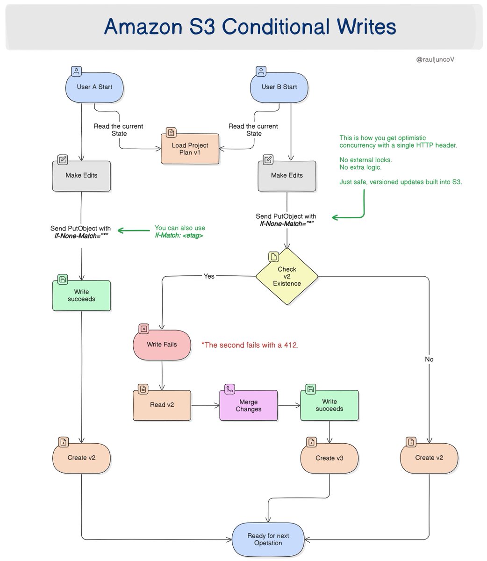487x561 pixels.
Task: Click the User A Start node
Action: pos(94,87)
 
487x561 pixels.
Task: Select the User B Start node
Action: pos(279,87)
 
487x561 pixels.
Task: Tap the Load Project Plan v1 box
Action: pos(190,149)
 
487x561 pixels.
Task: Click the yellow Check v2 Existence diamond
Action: pos(286,276)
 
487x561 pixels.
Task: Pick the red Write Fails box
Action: pos(162,345)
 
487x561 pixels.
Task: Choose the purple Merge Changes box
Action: pos(248,405)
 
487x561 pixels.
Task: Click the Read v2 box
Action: pos(162,405)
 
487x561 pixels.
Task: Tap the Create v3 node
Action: pos(329,458)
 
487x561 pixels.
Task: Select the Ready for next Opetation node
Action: pos(268,539)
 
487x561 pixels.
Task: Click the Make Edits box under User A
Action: pos(81,176)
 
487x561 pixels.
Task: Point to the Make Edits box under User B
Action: pos(286,176)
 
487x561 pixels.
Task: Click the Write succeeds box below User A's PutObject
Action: pos(81,295)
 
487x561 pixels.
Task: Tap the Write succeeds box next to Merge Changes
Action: pos(329,405)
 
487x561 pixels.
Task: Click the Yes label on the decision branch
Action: pos(209,276)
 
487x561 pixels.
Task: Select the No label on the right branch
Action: pos(429,360)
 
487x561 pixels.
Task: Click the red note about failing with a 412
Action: pos(250,345)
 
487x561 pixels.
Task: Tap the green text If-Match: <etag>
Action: pos(179,236)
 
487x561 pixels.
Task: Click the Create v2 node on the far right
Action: pos(429,458)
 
